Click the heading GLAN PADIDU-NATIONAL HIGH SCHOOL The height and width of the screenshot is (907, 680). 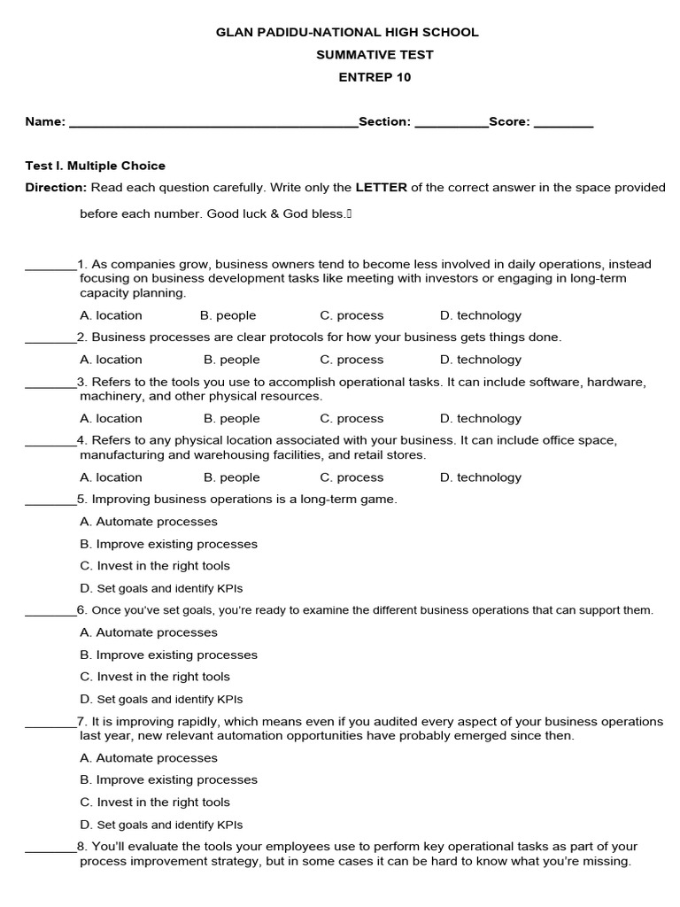347,32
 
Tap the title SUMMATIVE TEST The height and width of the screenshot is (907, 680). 375,55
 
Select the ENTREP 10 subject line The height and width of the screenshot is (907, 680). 375,77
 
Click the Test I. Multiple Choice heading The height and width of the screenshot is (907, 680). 95,166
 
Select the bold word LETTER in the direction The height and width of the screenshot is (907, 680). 382,188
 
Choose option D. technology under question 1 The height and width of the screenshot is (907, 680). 480,315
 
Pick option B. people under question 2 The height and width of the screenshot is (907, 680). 231,360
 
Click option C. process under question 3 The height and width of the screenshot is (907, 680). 352,418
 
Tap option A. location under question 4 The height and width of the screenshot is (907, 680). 111,477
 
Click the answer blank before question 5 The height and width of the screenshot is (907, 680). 50,500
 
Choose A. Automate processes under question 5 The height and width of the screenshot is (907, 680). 148,522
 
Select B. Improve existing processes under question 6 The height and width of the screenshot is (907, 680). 168,655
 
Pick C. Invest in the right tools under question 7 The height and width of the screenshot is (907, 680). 154,802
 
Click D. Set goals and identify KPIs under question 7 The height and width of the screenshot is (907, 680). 160,825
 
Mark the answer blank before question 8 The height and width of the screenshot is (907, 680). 50,848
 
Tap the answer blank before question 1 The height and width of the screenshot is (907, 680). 50,265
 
